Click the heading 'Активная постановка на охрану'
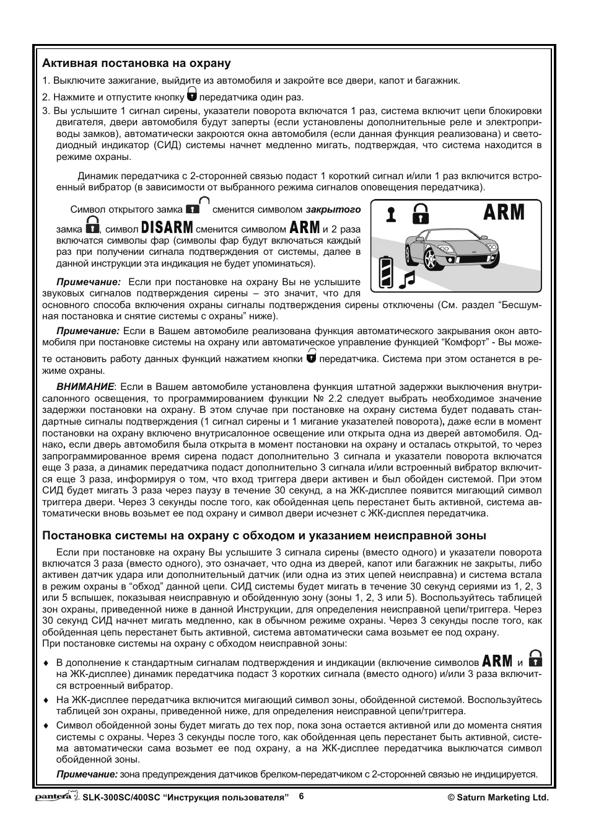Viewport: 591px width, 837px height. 136,63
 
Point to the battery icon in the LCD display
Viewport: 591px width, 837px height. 386,272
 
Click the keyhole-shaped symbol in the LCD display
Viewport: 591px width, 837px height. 391,215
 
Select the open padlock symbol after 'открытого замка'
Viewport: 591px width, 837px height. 198,206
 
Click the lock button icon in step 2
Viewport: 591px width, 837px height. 192,95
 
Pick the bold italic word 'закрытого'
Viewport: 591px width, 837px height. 333,210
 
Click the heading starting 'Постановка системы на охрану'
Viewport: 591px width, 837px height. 264,536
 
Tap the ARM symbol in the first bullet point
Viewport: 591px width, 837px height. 497,661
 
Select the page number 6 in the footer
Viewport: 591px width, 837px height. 301,796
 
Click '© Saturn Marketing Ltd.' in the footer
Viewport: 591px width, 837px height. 498,798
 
